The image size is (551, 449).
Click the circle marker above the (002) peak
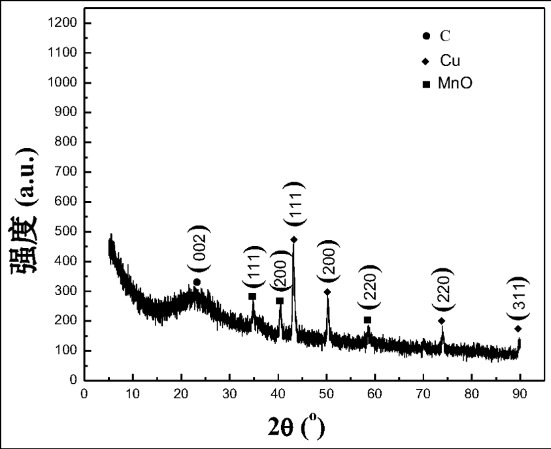pyautogui.click(x=197, y=282)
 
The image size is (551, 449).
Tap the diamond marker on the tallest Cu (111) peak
pyautogui.click(x=294, y=240)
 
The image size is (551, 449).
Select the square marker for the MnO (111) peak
pyautogui.click(x=252, y=296)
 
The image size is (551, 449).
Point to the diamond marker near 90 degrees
pyautogui.click(x=518, y=328)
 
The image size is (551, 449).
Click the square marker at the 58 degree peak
pyautogui.click(x=367, y=320)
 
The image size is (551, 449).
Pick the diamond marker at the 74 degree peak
pyautogui.click(x=442, y=320)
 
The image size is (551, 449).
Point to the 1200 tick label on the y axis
pyautogui.click(x=63, y=23)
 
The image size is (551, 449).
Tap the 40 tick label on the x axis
pyautogui.click(x=278, y=394)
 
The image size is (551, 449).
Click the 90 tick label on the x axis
pyautogui.click(x=520, y=394)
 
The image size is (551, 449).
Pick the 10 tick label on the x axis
pyautogui.click(x=133, y=394)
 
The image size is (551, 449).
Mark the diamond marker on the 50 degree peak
pyautogui.click(x=327, y=292)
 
